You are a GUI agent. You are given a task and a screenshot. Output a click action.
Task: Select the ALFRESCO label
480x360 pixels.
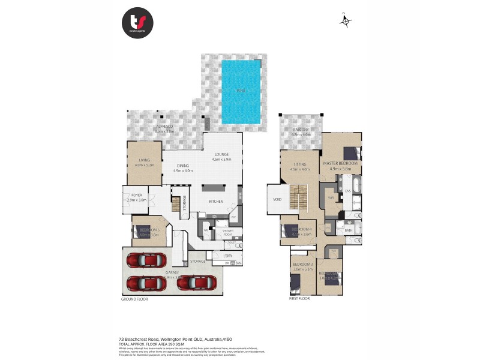point(164,127)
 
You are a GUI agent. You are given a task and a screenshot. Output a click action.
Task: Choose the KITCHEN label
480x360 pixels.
point(216,202)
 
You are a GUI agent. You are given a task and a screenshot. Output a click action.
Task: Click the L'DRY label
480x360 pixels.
point(227,257)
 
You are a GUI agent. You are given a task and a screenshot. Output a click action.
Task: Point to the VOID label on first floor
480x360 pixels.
point(277,200)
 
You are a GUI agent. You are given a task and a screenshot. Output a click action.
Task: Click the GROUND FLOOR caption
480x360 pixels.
point(134,299)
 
